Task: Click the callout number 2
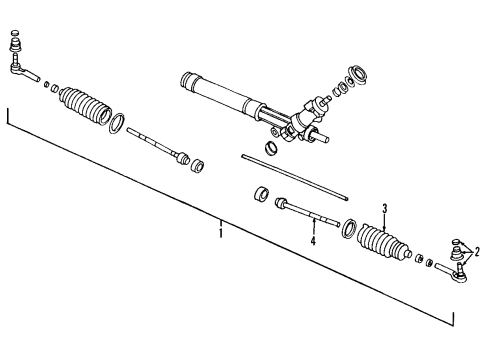478,253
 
